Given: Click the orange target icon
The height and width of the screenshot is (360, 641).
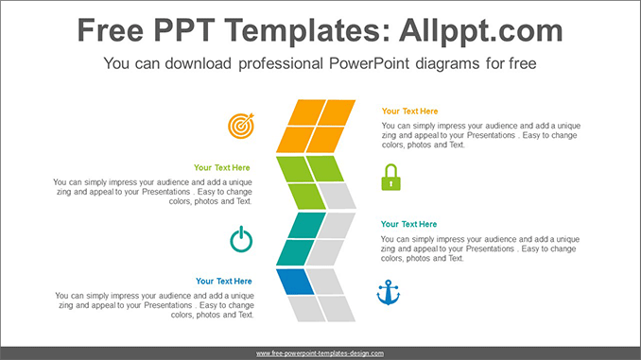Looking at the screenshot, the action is coord(241,126).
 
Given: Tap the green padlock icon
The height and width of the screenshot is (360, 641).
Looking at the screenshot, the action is coord(390,178).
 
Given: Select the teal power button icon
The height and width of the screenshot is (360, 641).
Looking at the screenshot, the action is coord(241,239).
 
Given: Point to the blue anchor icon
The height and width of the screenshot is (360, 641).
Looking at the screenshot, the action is coord(388,293).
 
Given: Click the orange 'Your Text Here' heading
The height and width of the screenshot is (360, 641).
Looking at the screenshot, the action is coord(409,111).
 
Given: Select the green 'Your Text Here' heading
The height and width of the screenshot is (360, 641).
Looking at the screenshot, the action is coord(221,167).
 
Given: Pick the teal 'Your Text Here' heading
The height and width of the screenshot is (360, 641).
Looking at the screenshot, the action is coord(408,224).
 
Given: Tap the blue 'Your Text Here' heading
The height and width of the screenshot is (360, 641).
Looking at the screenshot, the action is coord(224,282).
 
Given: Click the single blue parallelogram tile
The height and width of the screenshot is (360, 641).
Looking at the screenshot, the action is coord(295,282).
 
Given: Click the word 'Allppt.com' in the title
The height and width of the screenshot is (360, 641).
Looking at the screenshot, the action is coord(481,30).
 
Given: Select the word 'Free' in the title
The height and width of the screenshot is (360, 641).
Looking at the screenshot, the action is coord(111,30).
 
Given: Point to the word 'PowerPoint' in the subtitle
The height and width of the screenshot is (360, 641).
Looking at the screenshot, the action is coord(369,63).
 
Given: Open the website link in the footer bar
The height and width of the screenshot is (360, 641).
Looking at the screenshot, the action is coord(320,353).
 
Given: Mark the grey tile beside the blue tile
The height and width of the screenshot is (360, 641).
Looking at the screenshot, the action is coord(325,282).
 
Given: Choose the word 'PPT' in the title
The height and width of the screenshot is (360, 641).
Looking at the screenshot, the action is coord(184,30).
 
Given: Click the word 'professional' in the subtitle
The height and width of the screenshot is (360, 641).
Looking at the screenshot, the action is coord(281,63).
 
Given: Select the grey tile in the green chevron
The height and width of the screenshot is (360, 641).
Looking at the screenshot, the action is coord(337,196).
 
